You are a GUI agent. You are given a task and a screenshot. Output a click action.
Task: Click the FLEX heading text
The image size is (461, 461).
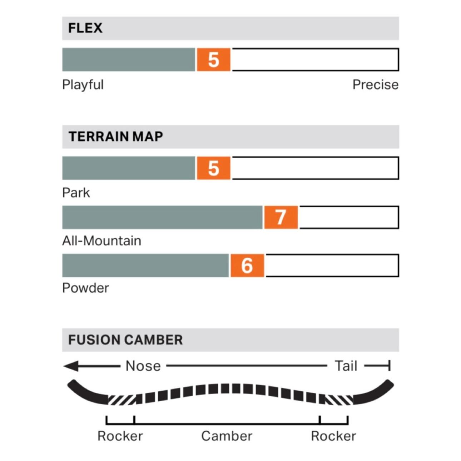click(85, 28)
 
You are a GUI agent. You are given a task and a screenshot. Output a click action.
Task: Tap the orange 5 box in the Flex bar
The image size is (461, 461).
click(213, 60)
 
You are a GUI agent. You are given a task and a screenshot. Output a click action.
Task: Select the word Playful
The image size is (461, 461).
click(83, 85)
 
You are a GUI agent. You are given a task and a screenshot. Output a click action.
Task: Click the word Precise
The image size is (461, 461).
click(375, 85)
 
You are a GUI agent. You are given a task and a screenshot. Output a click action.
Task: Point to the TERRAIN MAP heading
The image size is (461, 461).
click(115, 137)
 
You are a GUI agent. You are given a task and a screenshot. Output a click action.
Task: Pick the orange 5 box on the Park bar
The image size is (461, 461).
click(213, 168)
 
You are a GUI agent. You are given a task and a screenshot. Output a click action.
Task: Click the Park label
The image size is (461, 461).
click(76, 193)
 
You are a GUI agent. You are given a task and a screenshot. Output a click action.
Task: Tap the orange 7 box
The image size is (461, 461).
click(281, 217)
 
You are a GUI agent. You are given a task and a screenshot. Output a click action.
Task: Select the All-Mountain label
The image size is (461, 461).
click(101, 241)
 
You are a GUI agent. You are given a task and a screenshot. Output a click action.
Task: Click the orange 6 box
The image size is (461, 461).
click(247, 266)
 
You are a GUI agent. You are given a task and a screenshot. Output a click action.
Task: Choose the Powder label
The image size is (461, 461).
click(85, 288)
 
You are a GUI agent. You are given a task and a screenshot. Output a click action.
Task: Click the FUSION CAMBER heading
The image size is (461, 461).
click(125, 340)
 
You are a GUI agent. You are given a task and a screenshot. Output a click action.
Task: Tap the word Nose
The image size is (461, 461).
click(143, 366)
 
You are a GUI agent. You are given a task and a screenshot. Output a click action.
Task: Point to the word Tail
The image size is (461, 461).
click(346, 366)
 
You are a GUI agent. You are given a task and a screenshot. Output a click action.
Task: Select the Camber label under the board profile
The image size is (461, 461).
click(227, 436)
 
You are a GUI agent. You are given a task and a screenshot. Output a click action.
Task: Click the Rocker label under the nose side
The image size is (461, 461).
click(120, 436)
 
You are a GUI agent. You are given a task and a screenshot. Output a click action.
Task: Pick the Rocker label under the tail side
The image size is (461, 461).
click(333, 436)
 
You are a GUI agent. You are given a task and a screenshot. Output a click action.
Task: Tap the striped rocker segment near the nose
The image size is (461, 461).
click(122, 399)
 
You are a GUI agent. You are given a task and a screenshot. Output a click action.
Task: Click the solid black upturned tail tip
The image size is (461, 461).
click(375, 393)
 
